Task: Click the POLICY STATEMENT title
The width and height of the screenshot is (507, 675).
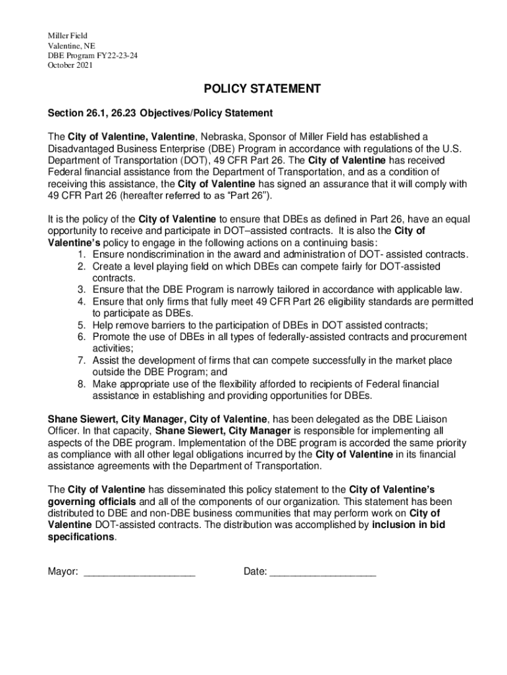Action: click(x=253, y=89)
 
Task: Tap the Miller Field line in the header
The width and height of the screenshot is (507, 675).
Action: click(x=67, y=36)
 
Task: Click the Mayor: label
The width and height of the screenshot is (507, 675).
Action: click(x=63, y=572)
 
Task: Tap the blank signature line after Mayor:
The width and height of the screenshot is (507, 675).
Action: click(x=140, y=573)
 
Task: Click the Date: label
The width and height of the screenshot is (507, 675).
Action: click(x=255, y=572)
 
